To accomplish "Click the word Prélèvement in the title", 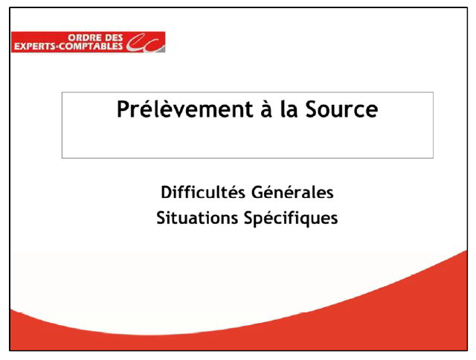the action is [185, 109].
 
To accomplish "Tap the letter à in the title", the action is [266, 109].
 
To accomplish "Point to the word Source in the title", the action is [341, 109].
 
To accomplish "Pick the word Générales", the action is [292, 192].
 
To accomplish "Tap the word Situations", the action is [197, 218].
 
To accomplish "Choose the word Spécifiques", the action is [291, 219].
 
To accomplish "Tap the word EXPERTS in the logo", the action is [35, 46].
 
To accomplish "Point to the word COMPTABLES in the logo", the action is [91, 46].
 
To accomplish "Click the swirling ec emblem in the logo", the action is [146, 43].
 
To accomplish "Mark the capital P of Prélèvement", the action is [123, 109].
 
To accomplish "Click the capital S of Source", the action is [312, 109].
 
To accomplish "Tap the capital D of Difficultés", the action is [167, 193].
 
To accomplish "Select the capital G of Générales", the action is [257, 193].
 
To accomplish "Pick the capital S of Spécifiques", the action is [249, 218].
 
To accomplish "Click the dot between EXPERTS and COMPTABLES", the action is [58, 46].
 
